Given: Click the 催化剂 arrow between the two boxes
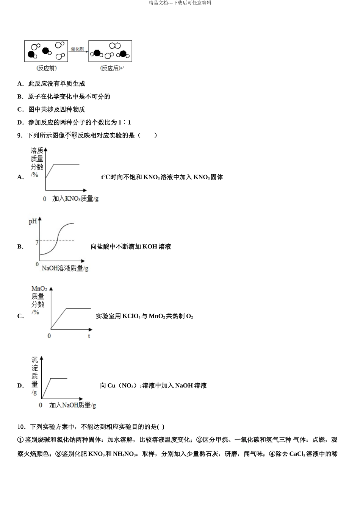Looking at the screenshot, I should (x=78, y=51).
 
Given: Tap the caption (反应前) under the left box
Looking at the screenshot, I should (x=47, y=69).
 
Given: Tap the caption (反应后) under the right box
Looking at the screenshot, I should (x=110, y=69).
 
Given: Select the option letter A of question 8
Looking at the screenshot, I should (x=20, y=84).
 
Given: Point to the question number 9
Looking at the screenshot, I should (x=20, y=136).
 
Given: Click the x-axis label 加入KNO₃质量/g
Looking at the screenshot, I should (x=75, y=198).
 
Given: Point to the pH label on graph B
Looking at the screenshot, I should (x=33, y=222).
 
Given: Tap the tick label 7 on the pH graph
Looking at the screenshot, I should (x=37, y=242).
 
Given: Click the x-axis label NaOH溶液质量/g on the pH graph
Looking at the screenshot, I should (x=65, y=268).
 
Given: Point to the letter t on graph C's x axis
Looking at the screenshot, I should (x=89, y=336).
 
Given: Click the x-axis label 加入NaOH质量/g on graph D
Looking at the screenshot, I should (x=72, y=405).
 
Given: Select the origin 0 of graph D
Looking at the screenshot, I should (x=41, y=405).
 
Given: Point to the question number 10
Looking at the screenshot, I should (x=21, y=427).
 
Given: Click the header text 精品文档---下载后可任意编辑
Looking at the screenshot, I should (x=180, y=3).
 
